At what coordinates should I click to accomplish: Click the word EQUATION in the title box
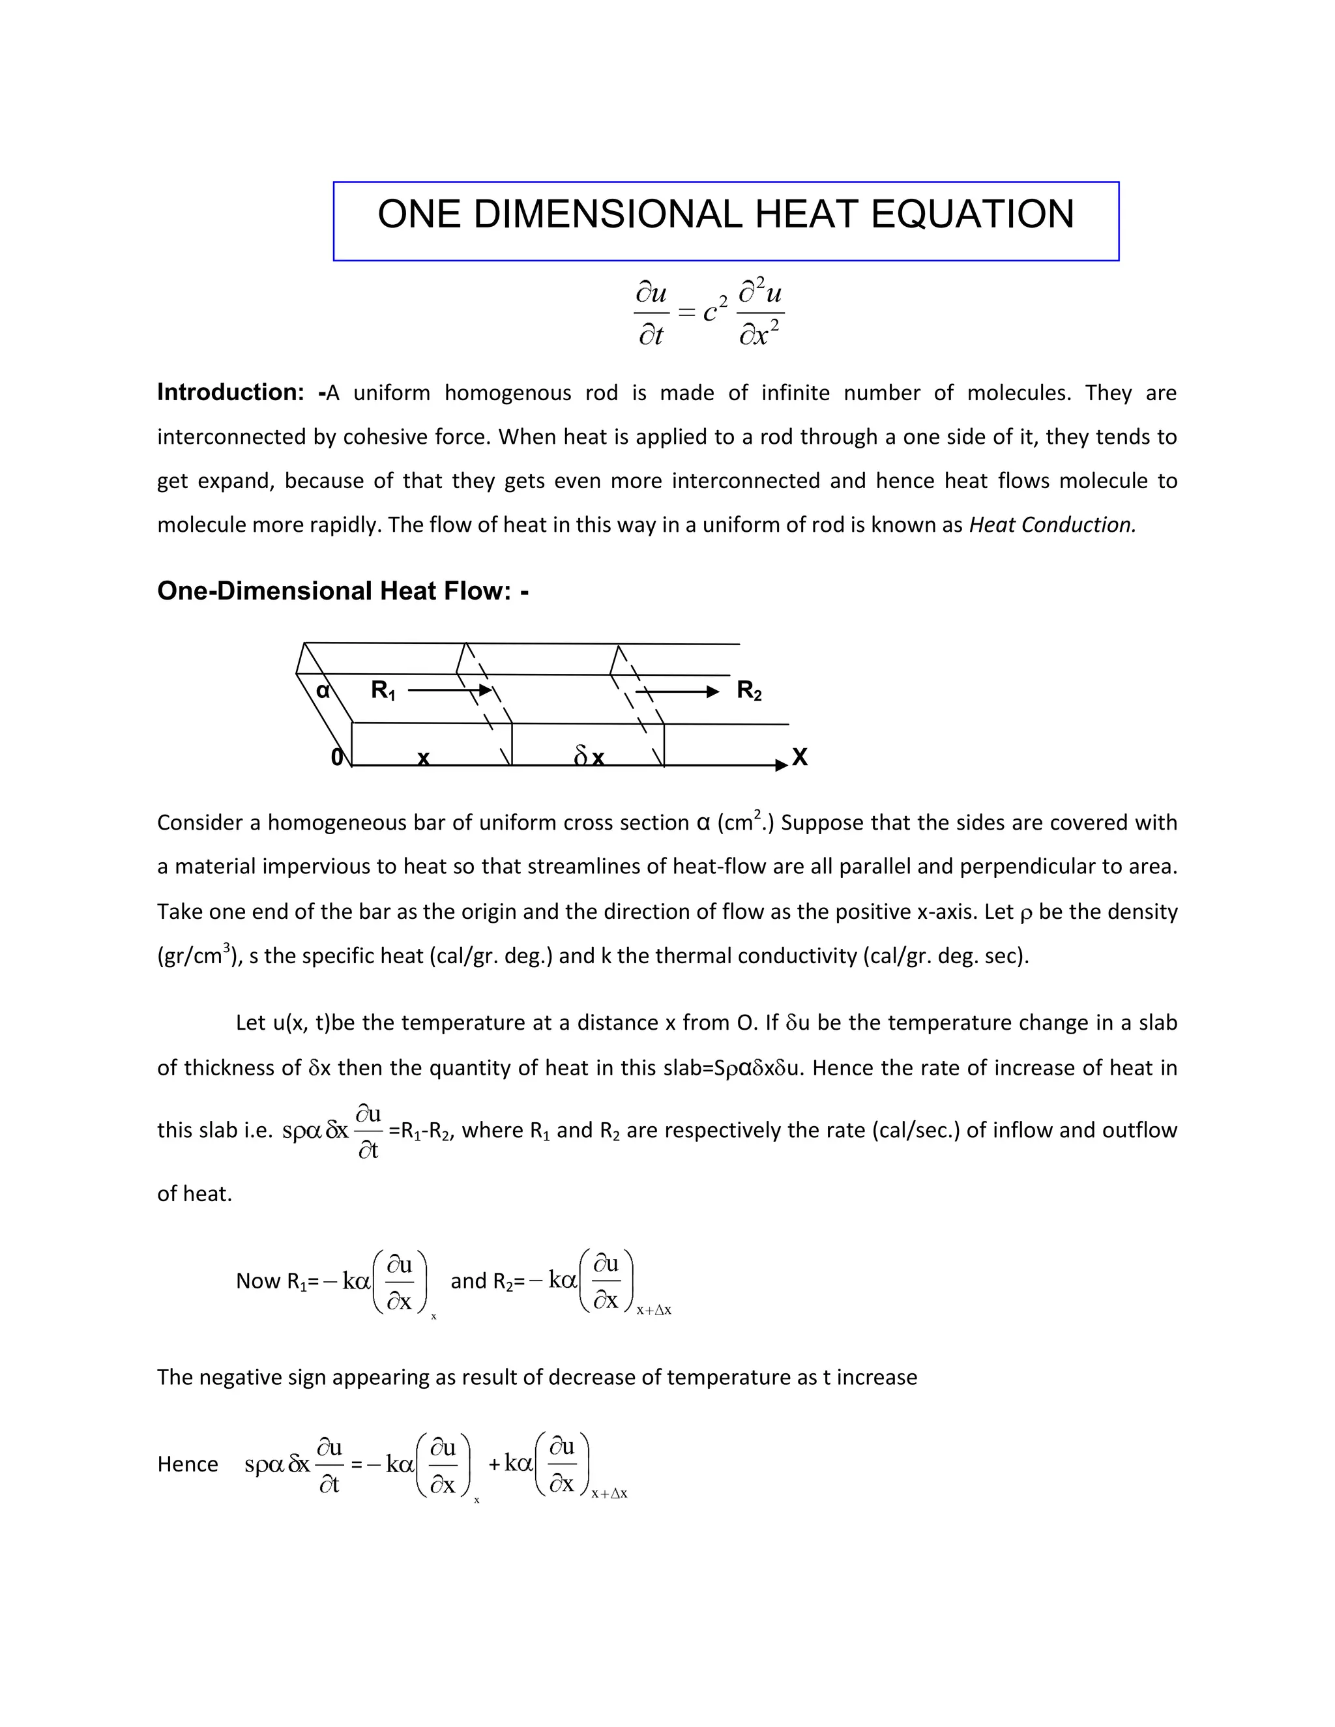tap(972, 214)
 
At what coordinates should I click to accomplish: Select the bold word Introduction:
tap(230, 392)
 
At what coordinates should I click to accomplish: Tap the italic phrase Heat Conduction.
tap(1052, 525)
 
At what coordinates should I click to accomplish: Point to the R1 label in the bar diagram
tap(383, 690)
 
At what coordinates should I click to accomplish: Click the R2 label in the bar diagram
tap(749, 690)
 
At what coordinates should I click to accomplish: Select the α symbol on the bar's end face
tap(323, 690)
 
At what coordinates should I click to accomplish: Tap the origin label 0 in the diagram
tap(337, 757)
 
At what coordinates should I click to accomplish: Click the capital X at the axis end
tap(800, 757)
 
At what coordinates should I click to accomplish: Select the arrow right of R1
tap(449, 690)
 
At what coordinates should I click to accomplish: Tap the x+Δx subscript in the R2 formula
tap(654, 1311)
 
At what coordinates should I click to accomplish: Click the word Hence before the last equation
tap(188, 1464)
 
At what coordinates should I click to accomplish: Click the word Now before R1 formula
tap(259, 1281)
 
